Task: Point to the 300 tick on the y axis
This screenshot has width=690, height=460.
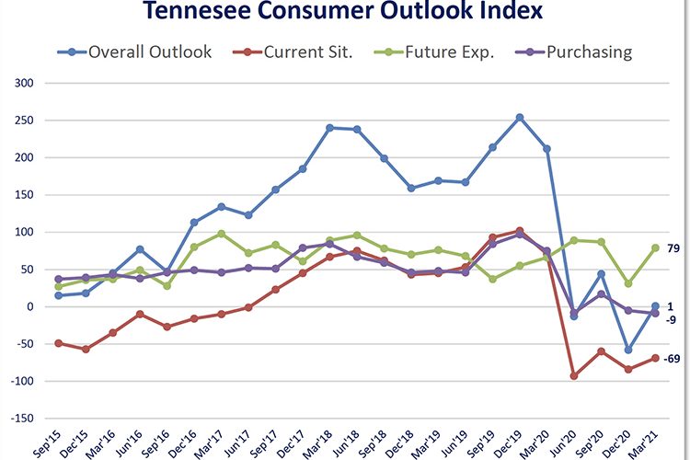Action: (x=22, y=83)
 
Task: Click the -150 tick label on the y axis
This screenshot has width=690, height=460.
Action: (x=20, y=418)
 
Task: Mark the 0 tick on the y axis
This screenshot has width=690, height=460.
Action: (x=28, y=306)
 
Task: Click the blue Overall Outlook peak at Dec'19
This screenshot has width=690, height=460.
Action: (x=520, y=117)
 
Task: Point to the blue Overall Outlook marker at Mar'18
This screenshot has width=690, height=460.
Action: (x=330, y=128)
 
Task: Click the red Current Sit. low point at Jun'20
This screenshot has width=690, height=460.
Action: (x=574, y=375)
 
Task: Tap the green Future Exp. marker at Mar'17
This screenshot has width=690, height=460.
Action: (x=222, y=234)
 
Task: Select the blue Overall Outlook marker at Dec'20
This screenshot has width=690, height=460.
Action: (x=628, y=350)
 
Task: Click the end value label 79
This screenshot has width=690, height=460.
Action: (x=673, y=247)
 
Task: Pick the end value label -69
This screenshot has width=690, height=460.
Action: (x=672, y=359)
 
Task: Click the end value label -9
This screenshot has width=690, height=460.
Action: (x=673, y=319)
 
